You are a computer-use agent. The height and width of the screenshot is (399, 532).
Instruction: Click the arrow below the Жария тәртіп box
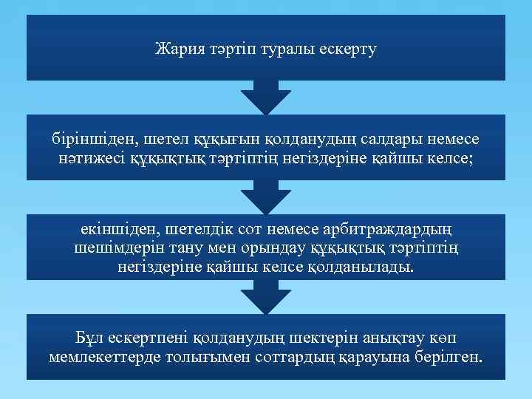pos(266,96)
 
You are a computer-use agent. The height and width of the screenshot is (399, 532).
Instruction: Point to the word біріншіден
pos(92,139)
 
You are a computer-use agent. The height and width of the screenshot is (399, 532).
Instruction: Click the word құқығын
pos(227,139)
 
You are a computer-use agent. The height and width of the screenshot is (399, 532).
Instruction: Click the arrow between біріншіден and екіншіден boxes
pos(266,197)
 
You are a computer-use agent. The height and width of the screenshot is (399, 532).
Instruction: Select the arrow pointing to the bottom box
pos(266,297)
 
